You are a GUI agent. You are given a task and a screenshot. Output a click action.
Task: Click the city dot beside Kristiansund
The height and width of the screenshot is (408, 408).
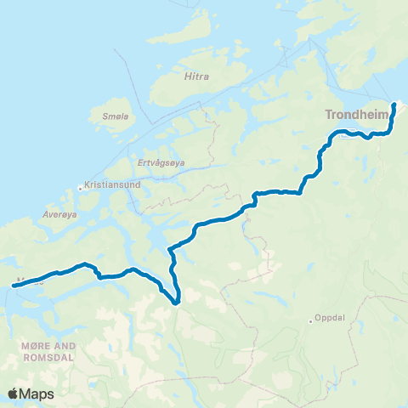(80, 188)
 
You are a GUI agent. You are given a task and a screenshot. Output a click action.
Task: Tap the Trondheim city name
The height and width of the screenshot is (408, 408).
(355, 116)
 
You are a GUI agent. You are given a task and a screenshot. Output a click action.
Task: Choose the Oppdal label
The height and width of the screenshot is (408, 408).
(332, 321)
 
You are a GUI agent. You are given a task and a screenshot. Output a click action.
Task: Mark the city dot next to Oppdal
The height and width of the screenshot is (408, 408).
(311, 321)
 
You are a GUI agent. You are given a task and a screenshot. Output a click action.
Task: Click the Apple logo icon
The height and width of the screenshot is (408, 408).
(14, 394)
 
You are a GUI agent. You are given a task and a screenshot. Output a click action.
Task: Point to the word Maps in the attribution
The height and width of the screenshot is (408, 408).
(37, 394)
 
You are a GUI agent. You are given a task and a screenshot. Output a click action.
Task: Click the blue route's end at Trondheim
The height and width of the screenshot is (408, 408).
(394, 105)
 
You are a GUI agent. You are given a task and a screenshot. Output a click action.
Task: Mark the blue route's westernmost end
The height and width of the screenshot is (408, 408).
(14, 286)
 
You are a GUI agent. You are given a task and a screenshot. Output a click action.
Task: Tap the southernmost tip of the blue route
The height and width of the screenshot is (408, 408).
(176, 302)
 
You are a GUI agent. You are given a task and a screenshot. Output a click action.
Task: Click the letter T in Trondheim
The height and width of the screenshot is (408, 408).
(328, 116)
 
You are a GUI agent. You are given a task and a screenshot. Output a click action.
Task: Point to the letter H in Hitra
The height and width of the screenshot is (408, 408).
(187, 76)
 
